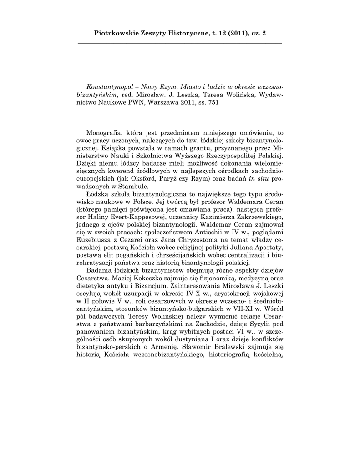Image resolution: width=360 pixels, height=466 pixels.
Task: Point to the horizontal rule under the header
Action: point(180,43)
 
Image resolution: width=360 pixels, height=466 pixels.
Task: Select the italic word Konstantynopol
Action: point(108,86)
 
